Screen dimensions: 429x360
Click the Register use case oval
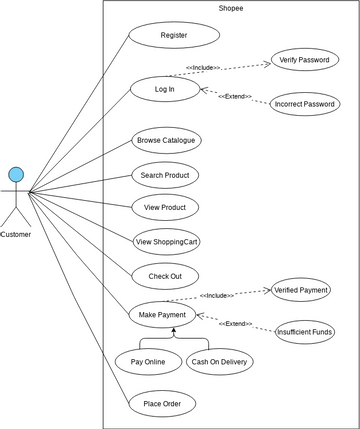[173, 36]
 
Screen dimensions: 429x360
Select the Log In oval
[164, 89]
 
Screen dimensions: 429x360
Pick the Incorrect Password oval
[305, 104]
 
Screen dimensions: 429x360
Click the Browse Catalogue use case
[166, 140]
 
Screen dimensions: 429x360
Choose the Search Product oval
[165, 174]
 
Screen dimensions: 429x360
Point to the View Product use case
[165, 207]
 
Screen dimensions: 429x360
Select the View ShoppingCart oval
[166, 241]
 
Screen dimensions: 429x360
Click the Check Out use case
[165, 275]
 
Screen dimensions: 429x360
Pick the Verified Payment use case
[300, 290]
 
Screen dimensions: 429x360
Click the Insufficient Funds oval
[305, 331]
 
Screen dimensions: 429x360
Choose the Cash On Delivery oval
[220, 360]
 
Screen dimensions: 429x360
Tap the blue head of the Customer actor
[16, 175]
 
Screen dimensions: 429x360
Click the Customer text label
[16, 235]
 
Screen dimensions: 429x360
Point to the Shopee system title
[230, 8]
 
